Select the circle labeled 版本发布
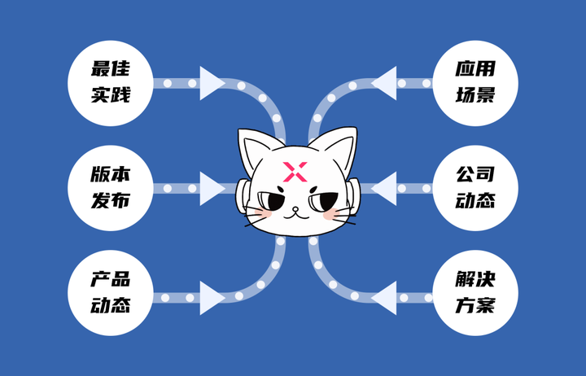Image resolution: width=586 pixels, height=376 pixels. pos(110,188)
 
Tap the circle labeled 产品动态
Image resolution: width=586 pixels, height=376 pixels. pos(110,295)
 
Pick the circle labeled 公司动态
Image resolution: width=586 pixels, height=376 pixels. pos(475,188)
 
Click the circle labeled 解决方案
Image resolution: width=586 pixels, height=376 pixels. pos(475,295)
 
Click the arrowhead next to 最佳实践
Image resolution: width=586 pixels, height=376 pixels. pos(212,82)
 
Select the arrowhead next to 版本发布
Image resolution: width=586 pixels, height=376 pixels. pos(212,188)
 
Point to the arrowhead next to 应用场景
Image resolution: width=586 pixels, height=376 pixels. pos(384,82)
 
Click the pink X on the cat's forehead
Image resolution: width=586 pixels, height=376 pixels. pos(294,172)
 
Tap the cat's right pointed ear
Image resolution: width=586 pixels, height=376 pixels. pos(342,146)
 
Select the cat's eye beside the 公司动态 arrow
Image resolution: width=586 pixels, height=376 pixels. pos(323,199)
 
